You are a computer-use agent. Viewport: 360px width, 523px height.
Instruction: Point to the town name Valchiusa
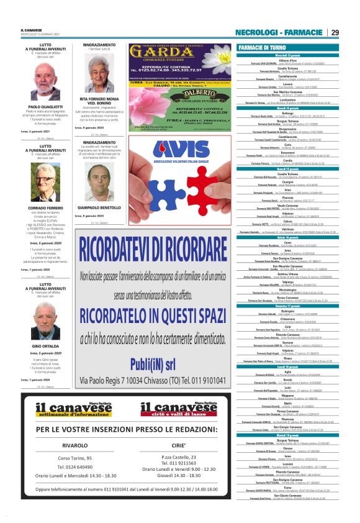pos(289,229)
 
